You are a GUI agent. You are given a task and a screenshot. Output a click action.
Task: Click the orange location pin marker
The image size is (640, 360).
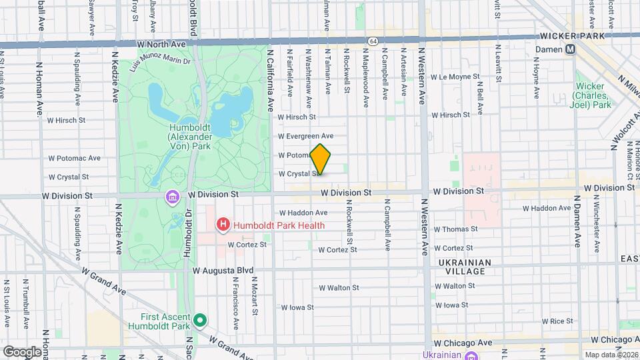321,159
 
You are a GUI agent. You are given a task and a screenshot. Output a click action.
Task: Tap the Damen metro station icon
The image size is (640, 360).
571,49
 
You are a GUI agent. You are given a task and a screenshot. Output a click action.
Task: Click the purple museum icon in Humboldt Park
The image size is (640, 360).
173,198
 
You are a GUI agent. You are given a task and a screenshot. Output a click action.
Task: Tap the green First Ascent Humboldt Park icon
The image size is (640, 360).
199,321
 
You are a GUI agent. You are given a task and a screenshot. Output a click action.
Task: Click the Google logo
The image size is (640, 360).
22,351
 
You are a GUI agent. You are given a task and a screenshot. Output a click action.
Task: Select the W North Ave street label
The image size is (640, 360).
160,44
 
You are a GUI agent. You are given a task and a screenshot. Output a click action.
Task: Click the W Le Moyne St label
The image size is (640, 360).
455,77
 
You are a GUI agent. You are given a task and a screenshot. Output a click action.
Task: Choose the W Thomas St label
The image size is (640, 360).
455,229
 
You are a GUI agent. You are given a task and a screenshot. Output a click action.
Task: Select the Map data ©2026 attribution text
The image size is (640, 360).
608,354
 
